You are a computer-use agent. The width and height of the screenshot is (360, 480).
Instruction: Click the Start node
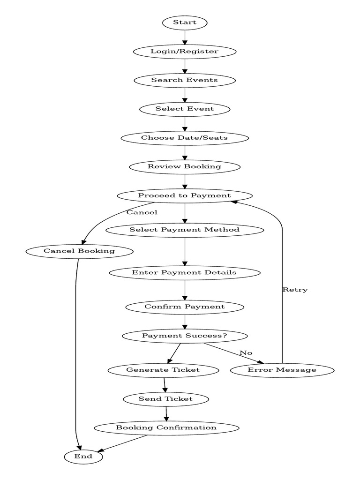(x=185, y=22)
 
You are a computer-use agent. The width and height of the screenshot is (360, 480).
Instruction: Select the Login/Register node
(x=185, y=51)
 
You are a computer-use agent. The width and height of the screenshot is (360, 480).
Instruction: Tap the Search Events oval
(x=185, y=80)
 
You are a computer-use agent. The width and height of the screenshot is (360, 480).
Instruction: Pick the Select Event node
(x=185, y=109)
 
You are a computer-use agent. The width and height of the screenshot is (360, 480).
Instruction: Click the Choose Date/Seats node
(x=185, y=138)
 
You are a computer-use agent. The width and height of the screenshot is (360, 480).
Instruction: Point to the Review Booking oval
(x=185, y=166)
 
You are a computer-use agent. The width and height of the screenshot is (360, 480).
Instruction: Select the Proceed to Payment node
(x=185, y=195)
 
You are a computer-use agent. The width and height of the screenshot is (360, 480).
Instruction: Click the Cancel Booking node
(x=79, y=251)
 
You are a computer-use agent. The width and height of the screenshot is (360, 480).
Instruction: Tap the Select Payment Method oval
(x=185, y=230)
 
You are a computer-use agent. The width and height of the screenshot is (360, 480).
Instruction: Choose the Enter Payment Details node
(x=185, y=272)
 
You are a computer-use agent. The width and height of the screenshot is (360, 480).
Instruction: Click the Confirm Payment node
(x=185, y=307)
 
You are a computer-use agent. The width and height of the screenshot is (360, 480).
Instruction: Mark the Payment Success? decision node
(x=185, y=336)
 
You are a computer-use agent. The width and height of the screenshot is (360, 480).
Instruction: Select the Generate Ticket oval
(x=163, y=370)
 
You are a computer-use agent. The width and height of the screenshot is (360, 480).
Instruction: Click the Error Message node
(x=282, y=370)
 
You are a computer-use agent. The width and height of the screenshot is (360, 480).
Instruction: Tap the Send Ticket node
(x=165, y=399)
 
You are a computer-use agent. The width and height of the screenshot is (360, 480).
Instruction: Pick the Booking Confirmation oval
(x=166, y=428)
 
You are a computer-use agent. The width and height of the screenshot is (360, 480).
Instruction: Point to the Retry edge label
(x=295, y=290)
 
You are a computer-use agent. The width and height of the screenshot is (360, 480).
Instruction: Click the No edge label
(x=246, y=352)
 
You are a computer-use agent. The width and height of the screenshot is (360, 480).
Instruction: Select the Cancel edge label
(x=142, y=212)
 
